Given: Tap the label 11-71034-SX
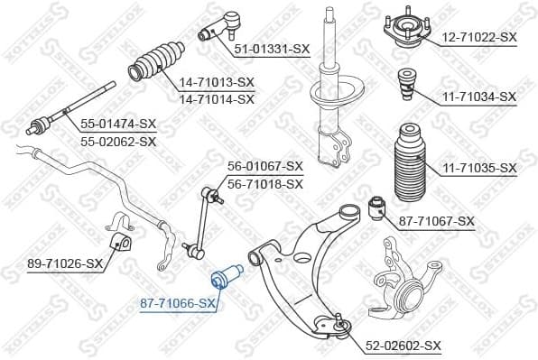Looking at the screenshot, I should (x=478, y=96).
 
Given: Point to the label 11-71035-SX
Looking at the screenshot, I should (x=478, y=168).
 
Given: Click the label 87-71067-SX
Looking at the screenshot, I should (x=436, y=221).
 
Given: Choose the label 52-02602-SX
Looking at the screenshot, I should (x=403, y=346).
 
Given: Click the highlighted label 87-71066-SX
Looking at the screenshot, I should (x=179, y=304).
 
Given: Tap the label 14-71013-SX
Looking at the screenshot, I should (x=217, y=82).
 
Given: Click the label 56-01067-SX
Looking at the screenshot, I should (x=264, y=166).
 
